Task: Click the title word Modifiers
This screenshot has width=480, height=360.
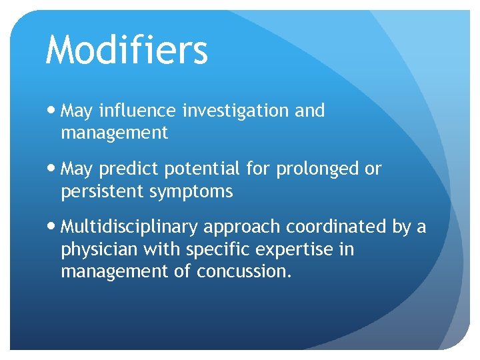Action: click(x=127, y=50)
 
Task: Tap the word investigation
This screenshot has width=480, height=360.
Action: click(x=237, y=111)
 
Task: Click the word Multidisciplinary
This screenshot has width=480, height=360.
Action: click(x=129, y=227)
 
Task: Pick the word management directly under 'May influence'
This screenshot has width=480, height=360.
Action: click(x=114, y=133)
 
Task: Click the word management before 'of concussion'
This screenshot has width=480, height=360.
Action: click(x=114, y=272)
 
